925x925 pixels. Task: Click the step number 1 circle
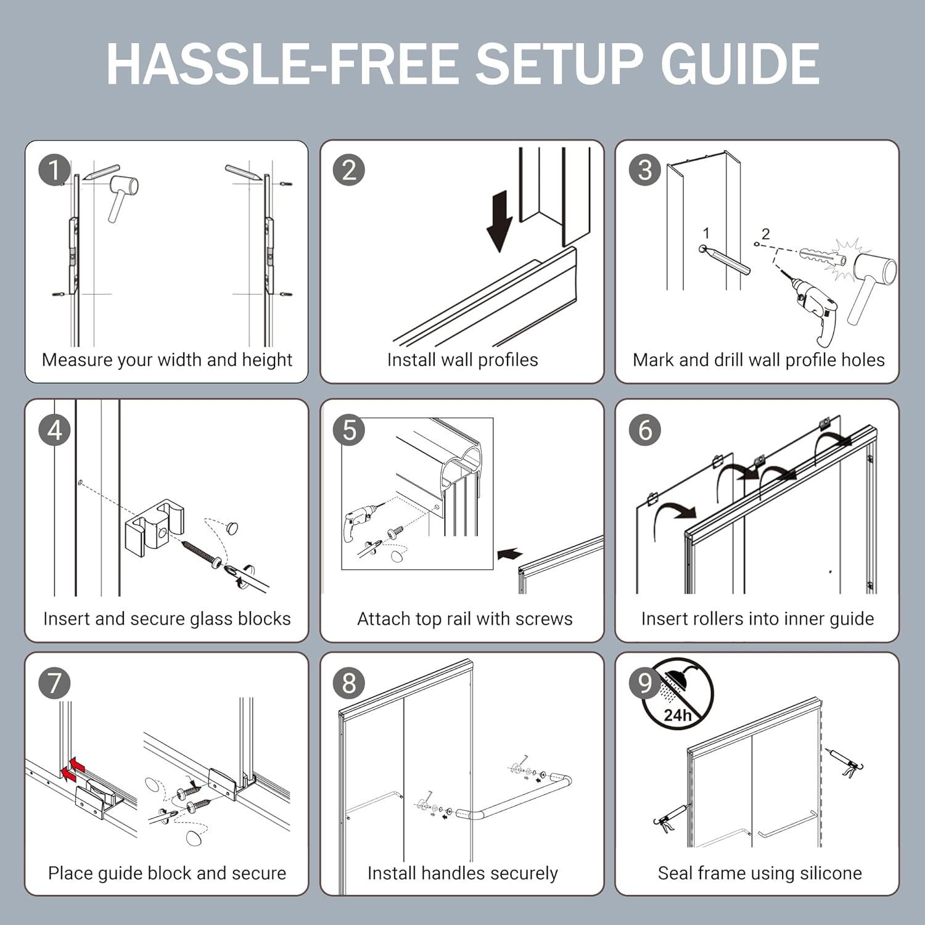[x=54, y=171]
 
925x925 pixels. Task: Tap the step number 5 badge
[x=349, y=430]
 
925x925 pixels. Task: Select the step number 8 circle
[x=349, y=683]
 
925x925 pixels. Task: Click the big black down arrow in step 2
[x=499, y=221]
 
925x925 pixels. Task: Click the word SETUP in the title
[x=559, y=64]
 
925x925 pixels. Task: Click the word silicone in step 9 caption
[x=831, y=873]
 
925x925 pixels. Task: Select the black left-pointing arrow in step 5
[x=509, y=554]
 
